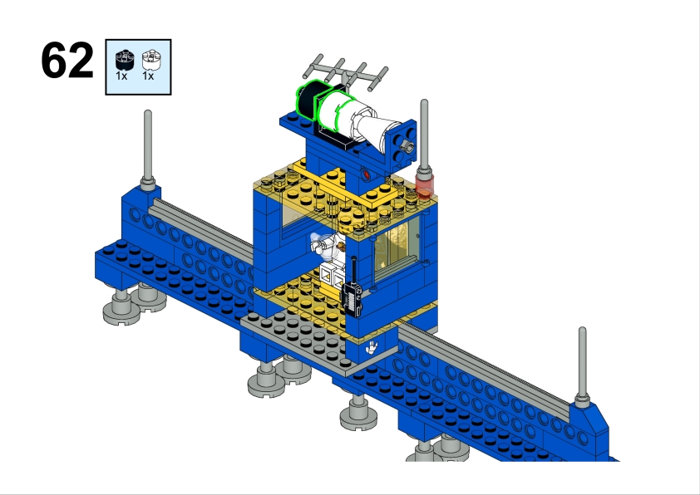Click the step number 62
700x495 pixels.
click(x=67, y=60)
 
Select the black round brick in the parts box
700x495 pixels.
click(x=125, y=61)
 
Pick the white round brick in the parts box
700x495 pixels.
click(x=152, y=60)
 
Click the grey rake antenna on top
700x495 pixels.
click(x=346, y=71)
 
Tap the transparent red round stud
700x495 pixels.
click(x=425, y=186)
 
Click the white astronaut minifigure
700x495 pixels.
click(x=331, y=254)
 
